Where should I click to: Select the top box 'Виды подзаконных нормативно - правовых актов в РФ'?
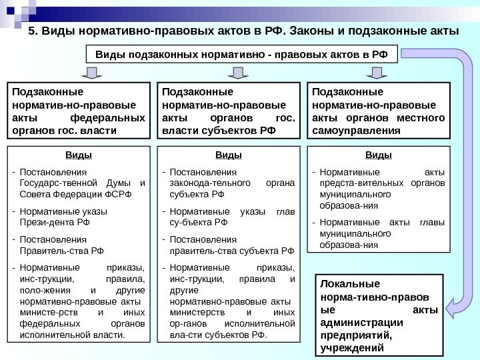coord(241,53)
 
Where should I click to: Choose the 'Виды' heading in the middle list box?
coord(229,156)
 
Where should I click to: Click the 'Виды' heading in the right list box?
coord(379,156)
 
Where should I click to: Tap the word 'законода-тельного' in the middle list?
coord(204,183)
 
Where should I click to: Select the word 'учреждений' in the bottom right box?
coord(353,347)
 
